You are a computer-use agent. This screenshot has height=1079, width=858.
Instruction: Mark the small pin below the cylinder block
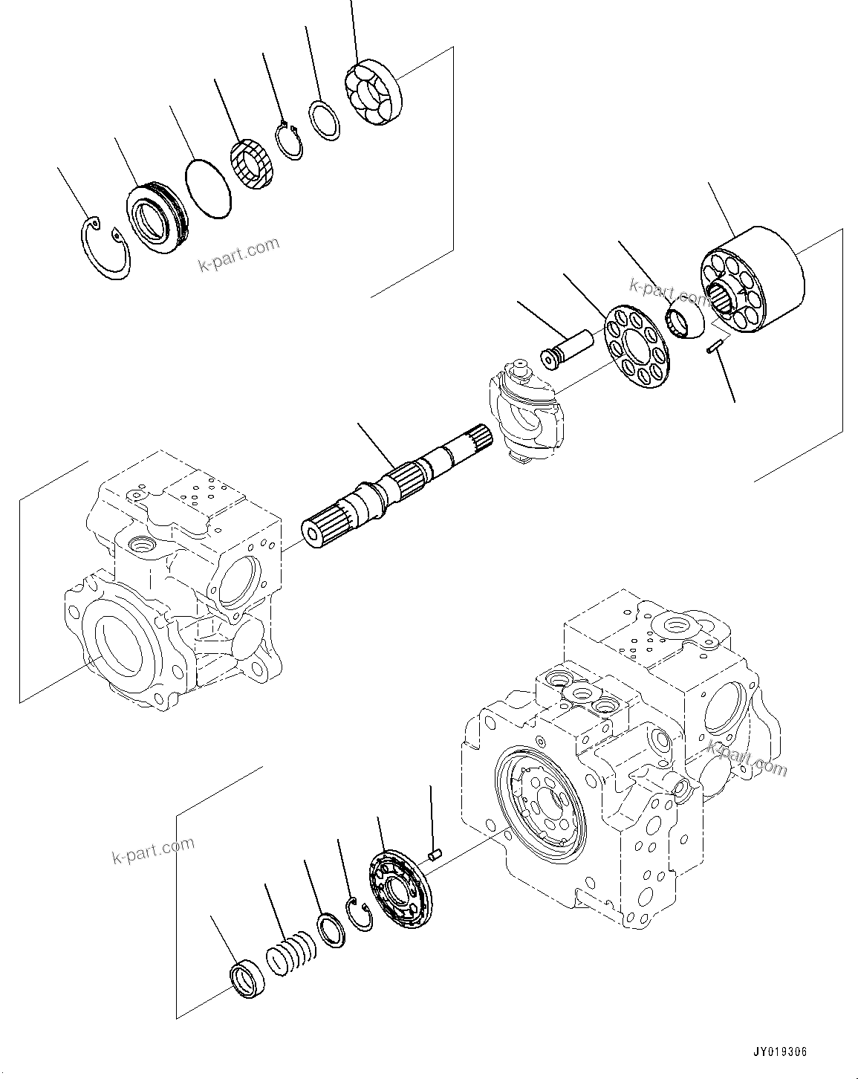[716, 347]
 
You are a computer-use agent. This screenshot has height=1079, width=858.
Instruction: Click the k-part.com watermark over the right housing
[747, 757]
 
